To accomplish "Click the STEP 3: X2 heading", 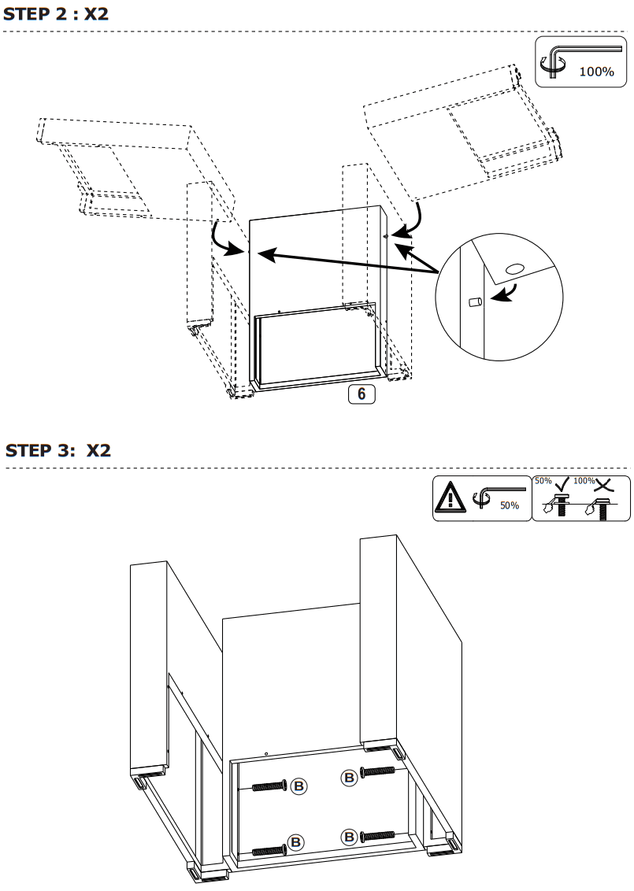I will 58,451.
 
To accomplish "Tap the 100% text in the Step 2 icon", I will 596,72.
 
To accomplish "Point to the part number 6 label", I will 361,394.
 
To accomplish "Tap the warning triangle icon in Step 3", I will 451,498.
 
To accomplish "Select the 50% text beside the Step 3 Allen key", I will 510,505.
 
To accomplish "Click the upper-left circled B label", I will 299,786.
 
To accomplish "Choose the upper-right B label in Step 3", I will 348,778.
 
